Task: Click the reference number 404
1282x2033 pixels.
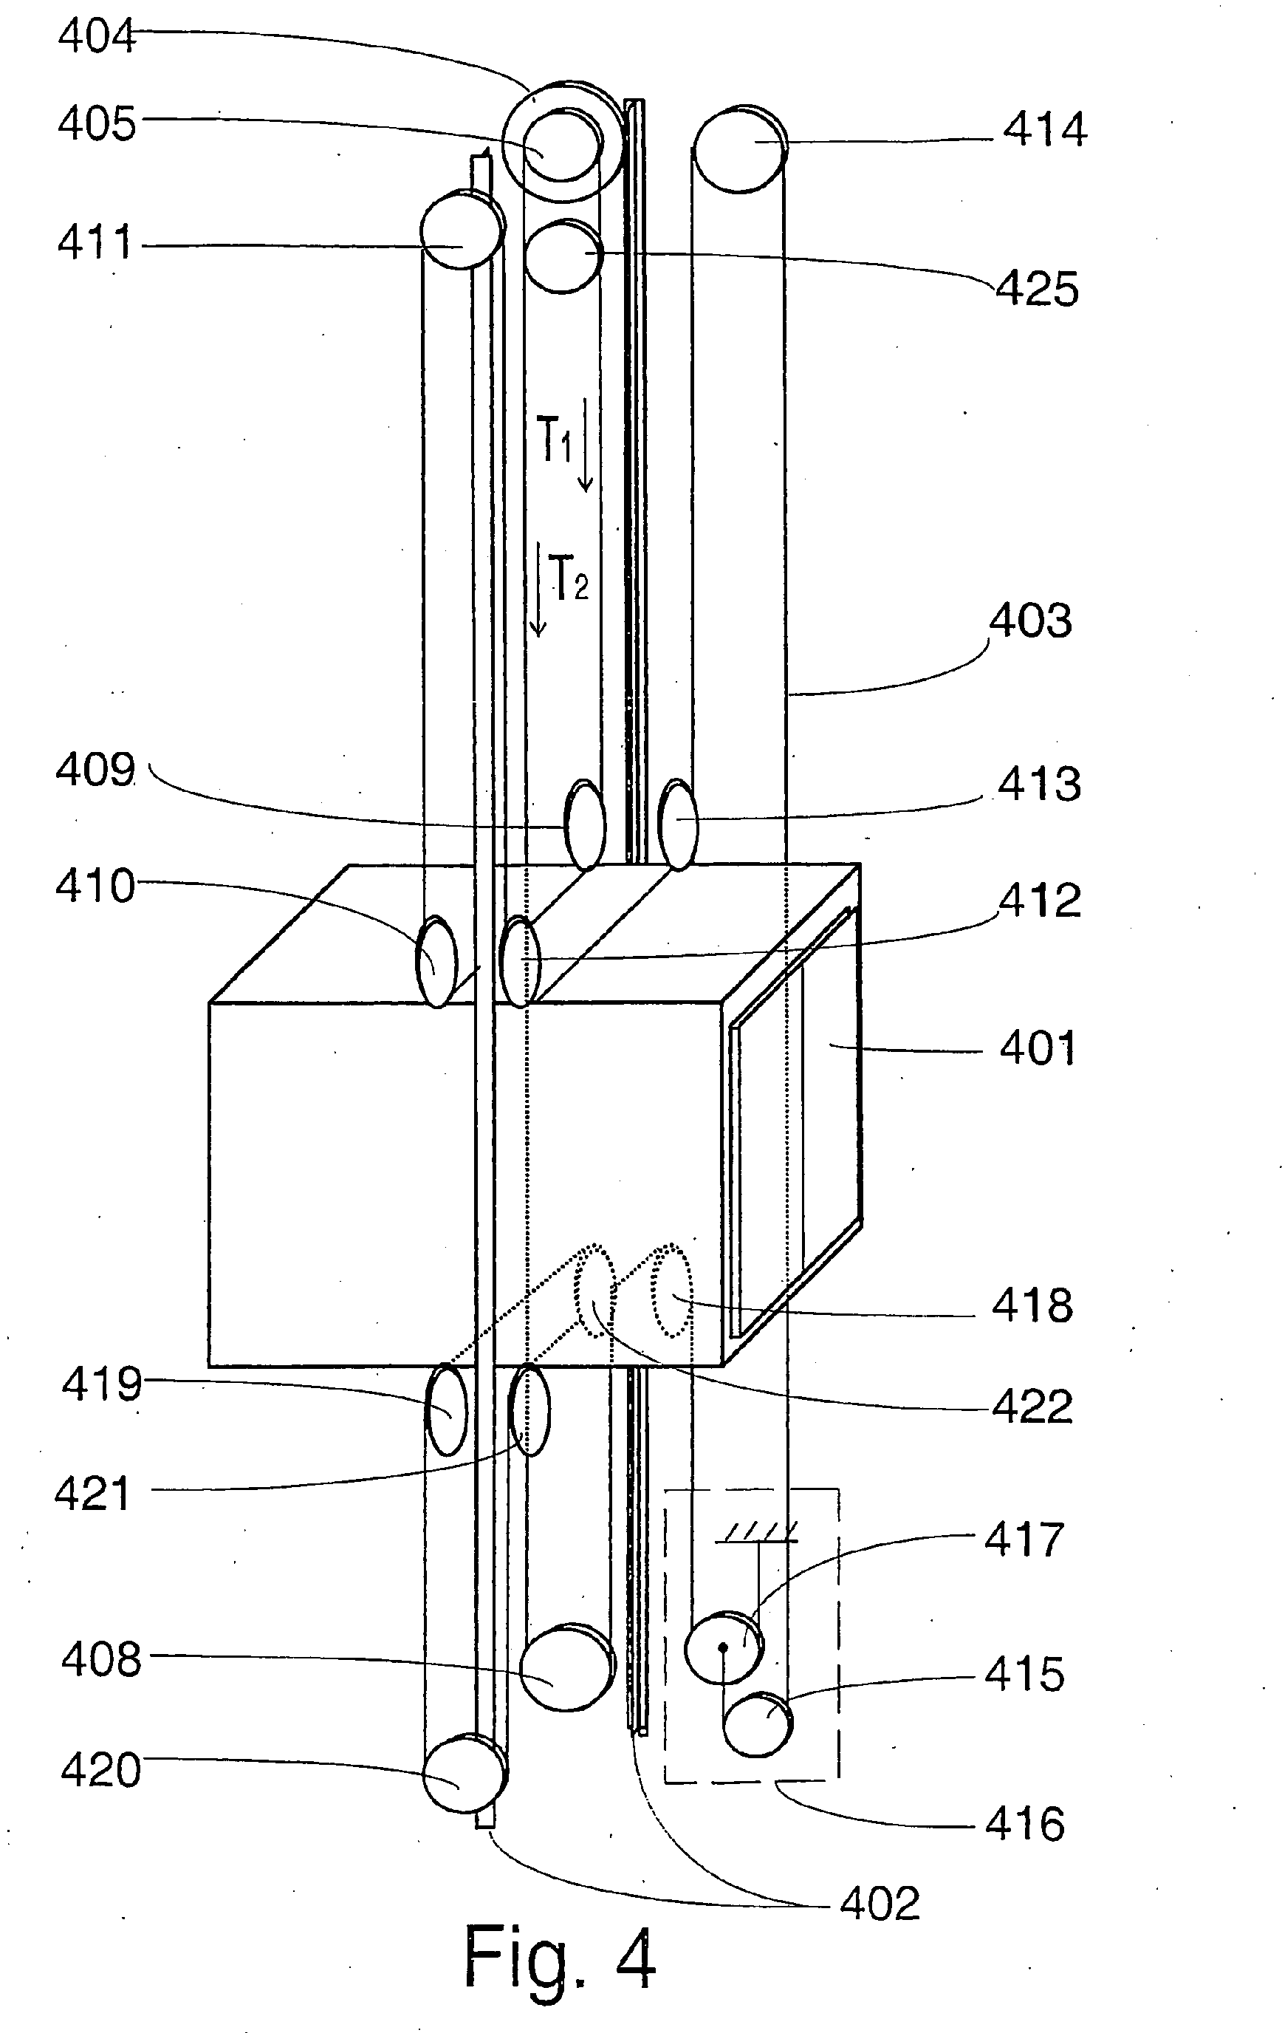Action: [96, 37]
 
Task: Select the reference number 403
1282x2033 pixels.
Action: [1029, 621]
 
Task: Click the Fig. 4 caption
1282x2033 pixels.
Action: [560, 1956]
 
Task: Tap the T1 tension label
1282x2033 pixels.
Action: [555, 440]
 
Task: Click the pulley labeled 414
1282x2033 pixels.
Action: [740, 150]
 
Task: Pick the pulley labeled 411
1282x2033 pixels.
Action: [462, 230]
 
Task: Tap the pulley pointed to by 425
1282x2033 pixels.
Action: [563, 256]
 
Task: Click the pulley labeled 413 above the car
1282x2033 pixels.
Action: [678, 824]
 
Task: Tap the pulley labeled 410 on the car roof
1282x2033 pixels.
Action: [436, 962]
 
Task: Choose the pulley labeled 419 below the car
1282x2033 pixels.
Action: [445, 1410]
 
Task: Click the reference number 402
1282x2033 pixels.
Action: [879, 1904]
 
